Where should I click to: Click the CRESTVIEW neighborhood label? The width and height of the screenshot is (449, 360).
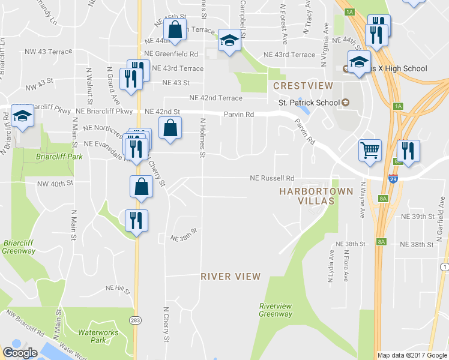[303, 86]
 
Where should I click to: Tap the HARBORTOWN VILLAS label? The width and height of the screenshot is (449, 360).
[306, 196]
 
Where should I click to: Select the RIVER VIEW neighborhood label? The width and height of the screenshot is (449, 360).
[231, 277]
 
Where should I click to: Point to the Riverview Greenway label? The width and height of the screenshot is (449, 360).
[276, 310]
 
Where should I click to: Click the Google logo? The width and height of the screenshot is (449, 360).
[20, 353]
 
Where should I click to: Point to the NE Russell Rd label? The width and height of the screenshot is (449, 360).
[273, 178]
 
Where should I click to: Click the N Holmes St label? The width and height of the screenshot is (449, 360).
[203, 137]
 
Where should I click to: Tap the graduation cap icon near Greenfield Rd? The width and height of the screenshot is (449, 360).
[228, 41]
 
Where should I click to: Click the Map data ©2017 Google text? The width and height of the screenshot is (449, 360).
[412, 355]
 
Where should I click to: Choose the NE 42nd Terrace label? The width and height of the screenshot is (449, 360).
[215, 98]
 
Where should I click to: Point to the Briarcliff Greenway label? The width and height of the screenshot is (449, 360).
[19, 247]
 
